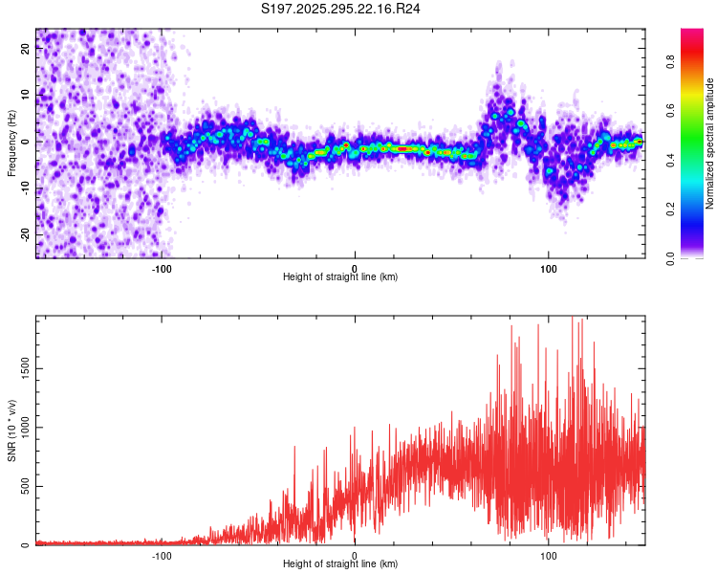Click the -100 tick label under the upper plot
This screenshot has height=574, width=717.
(162, 268)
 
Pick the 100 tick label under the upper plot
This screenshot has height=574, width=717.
(549, 268)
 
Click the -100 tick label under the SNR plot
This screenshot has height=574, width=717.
(162, 555)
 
